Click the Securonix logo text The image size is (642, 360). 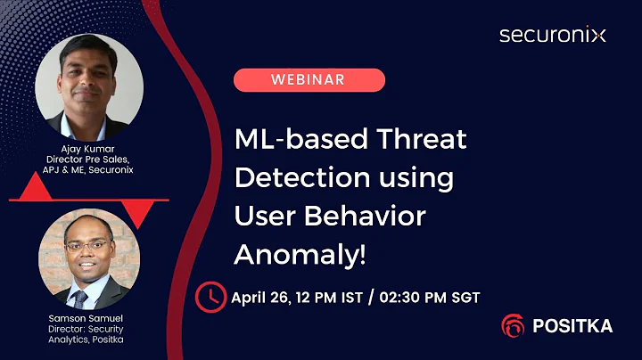pos(552,36)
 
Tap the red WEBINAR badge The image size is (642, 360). pos(309,80)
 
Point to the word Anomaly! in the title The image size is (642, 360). pos(300,254)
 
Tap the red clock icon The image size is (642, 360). pos(211,295)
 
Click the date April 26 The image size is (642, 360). pos(266,297)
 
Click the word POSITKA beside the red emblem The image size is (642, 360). pos(572,326)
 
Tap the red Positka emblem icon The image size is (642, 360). pos(513,326)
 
